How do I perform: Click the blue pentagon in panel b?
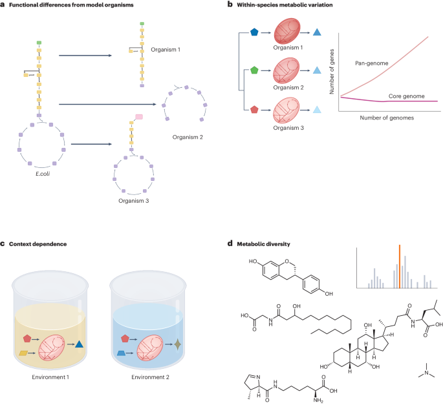(x=254, y=31)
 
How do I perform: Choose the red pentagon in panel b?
(x=254, y=109)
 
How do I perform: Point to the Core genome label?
(x=405, y=96)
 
